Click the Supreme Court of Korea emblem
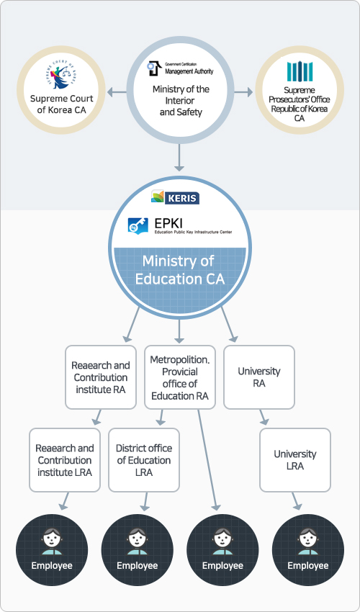62,77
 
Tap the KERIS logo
175,197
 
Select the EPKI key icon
138,225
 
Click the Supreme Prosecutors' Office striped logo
300,71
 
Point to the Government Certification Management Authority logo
181,68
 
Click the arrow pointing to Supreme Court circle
117,92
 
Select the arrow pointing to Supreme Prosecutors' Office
243,92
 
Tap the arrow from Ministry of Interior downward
179,157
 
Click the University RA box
259,377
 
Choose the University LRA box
295,460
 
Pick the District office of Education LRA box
144,460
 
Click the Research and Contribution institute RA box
101,377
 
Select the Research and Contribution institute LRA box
65,460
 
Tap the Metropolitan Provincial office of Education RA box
180,377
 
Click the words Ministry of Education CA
179,270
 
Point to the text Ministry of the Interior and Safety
181,101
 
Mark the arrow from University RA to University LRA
264,417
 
